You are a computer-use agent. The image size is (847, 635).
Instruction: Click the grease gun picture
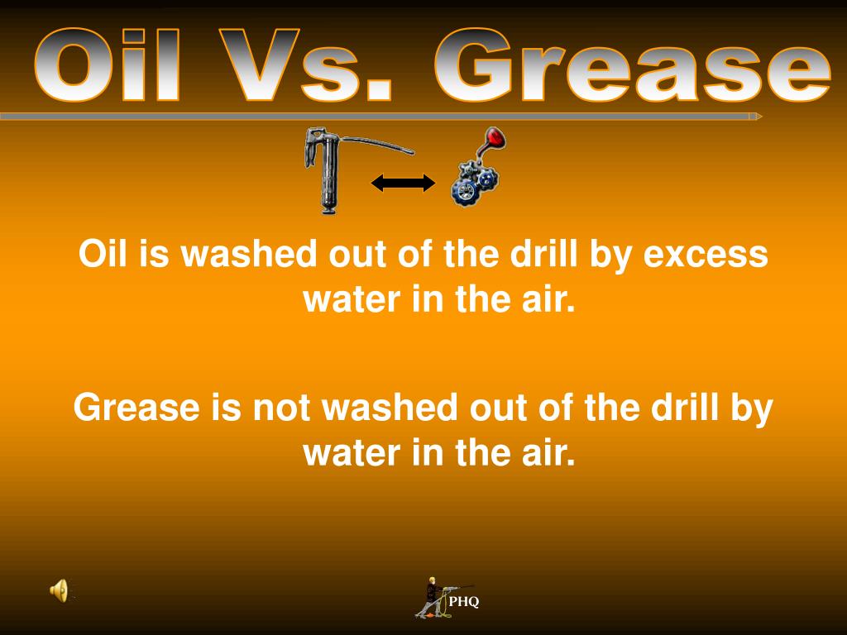[x=331, y=169]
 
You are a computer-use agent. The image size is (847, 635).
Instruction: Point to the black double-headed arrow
[x=403, y=183]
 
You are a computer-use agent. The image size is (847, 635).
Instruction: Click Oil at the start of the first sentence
[x=104, y=255]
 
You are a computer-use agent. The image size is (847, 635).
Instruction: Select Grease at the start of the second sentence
[x=128, y=408]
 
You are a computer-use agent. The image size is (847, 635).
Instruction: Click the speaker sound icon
[x=59, y=590]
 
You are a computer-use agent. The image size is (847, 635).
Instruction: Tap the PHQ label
[x=464, y=602]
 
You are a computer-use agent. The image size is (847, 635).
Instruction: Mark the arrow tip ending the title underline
[x=756, y=117]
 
